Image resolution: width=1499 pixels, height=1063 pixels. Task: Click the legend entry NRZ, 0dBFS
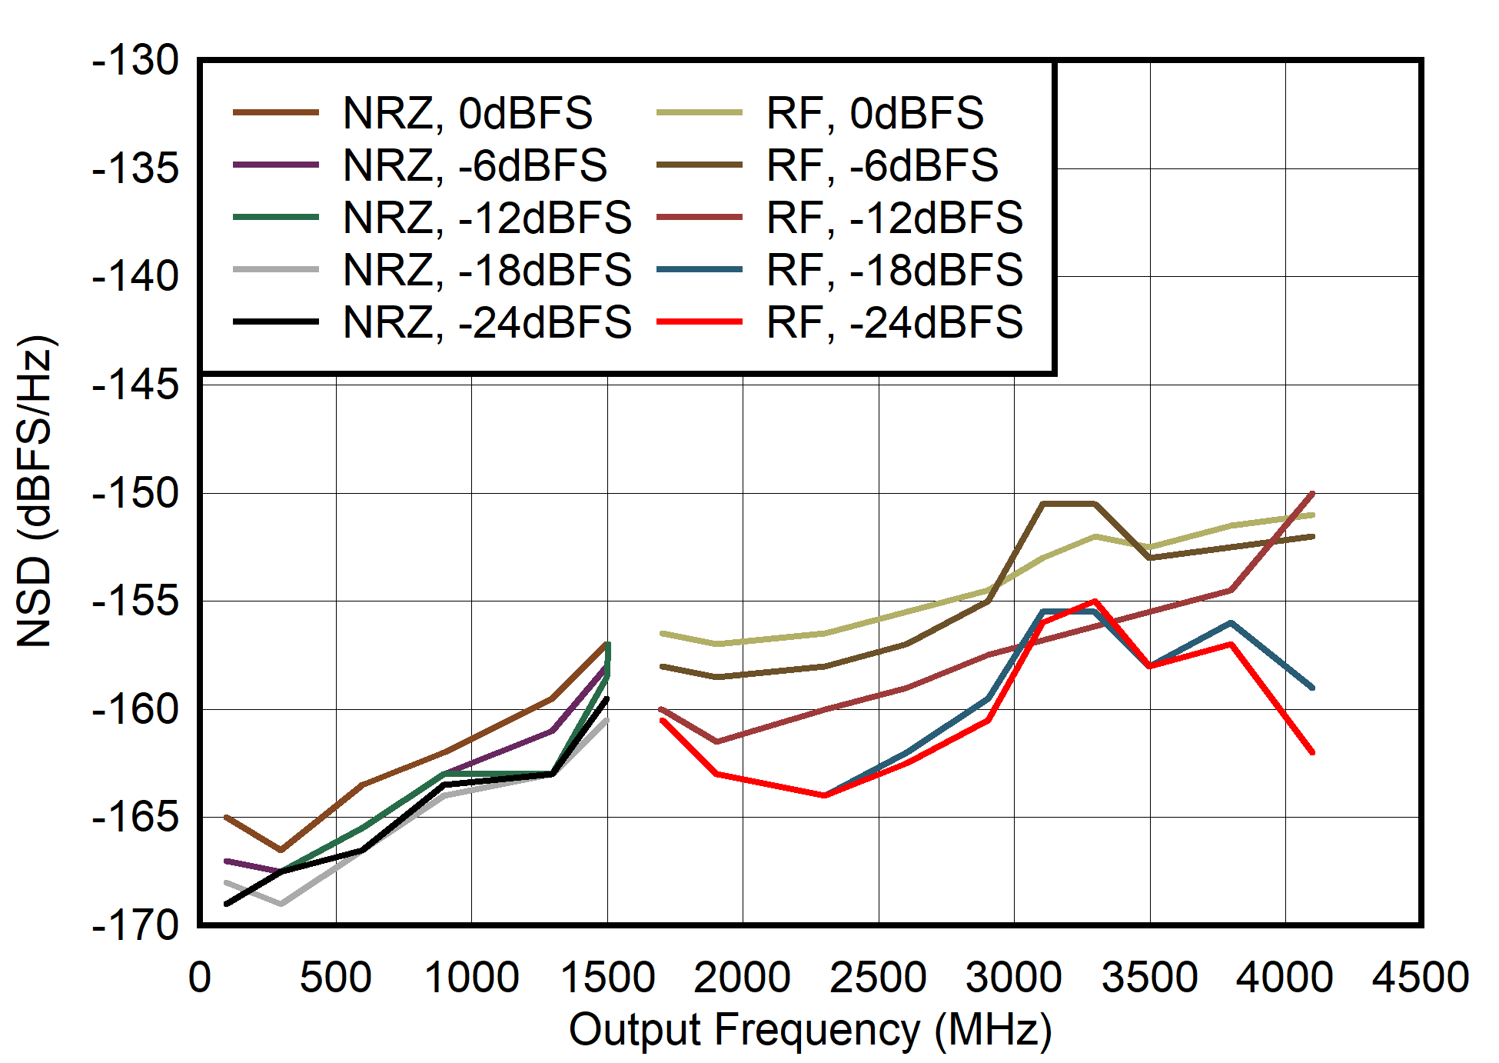[x=467, y=113]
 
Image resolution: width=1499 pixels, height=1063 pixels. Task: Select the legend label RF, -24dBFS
[x=894, y=322]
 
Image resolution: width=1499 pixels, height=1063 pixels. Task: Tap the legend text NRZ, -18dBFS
[x=487, y=270]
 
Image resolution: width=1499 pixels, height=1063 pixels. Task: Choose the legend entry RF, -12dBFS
[x=894, y=218]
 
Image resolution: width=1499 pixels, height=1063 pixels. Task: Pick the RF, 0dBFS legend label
[x=875, y=113]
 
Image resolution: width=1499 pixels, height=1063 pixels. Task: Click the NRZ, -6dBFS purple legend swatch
[x=276, y=165]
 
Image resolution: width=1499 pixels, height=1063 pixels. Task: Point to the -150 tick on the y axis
[x=135, y=493]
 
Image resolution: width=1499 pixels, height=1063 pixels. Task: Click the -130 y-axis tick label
[x=135, y=60]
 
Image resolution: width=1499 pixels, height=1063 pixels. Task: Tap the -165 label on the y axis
[x=135, y=817]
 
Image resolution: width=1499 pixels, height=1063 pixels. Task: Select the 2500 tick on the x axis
[x=878, y=978]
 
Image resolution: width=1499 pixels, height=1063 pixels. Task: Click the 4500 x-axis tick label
[x=1421, y=978]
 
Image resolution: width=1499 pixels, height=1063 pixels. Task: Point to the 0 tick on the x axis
[x=200, y=978]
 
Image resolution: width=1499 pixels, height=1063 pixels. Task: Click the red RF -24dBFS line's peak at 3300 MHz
[x=1095, y=601]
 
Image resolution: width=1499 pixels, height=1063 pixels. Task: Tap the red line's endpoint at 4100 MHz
[x=1312, y=752]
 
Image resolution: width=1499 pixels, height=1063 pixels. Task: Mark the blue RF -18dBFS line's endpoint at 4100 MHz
[x=1312, y=688]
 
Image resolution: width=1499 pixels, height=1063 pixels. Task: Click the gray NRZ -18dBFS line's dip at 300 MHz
[x=281, y=904]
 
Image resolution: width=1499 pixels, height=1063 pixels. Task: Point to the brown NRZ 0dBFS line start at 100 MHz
[x=227, y=817]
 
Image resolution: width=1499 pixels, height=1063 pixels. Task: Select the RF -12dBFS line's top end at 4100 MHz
[x=1312, y=493]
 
